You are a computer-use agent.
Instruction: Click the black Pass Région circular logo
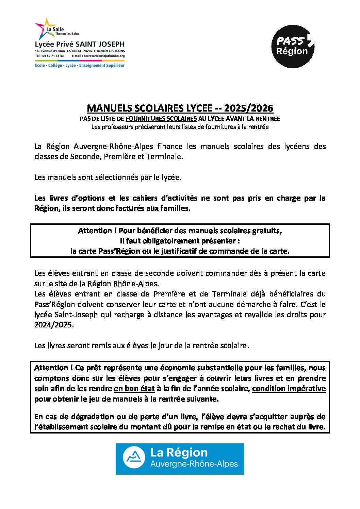pos(292,46)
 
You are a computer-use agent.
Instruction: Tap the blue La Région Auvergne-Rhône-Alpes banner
pos(180,459)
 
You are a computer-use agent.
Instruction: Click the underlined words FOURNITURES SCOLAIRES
pos(161,119)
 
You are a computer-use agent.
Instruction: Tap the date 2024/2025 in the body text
pos(53,325)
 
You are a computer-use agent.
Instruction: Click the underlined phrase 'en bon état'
pos(134,389)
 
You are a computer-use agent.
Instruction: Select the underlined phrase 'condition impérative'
pos(289,389)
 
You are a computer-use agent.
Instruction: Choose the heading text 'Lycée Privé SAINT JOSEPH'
pos(80,44)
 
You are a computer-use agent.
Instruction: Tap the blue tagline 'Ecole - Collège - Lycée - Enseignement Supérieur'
pos(80,65)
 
